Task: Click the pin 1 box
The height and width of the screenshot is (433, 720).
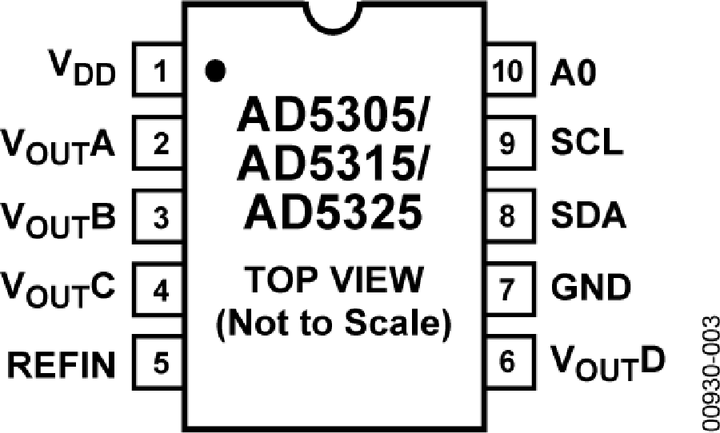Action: click(x=158, y=70)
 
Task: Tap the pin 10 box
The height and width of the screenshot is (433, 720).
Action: click(x=510, y=70)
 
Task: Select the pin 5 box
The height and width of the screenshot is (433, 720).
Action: click(x=158, y=363)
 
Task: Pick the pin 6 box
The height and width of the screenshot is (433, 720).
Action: click(x=510, y=363)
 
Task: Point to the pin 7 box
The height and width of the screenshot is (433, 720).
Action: click(x=510, y=289)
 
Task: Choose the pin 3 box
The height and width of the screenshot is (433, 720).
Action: click(x=158, y=216)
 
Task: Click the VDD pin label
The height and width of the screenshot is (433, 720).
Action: click(x=82, y=69)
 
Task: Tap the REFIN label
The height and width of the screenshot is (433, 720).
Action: click(x=61, y=365)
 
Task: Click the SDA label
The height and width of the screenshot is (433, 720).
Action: click(x=589, y=215)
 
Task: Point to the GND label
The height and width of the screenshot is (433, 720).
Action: click(x=591, y=288)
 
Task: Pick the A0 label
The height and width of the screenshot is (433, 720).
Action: click(x=574, y=73)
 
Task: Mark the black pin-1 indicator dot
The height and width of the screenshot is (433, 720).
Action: click(x=215, y=71)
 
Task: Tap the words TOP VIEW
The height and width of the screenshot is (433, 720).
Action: click(x=334, y=280)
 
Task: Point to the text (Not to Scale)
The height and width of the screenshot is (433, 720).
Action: click(x=334, y=324)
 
